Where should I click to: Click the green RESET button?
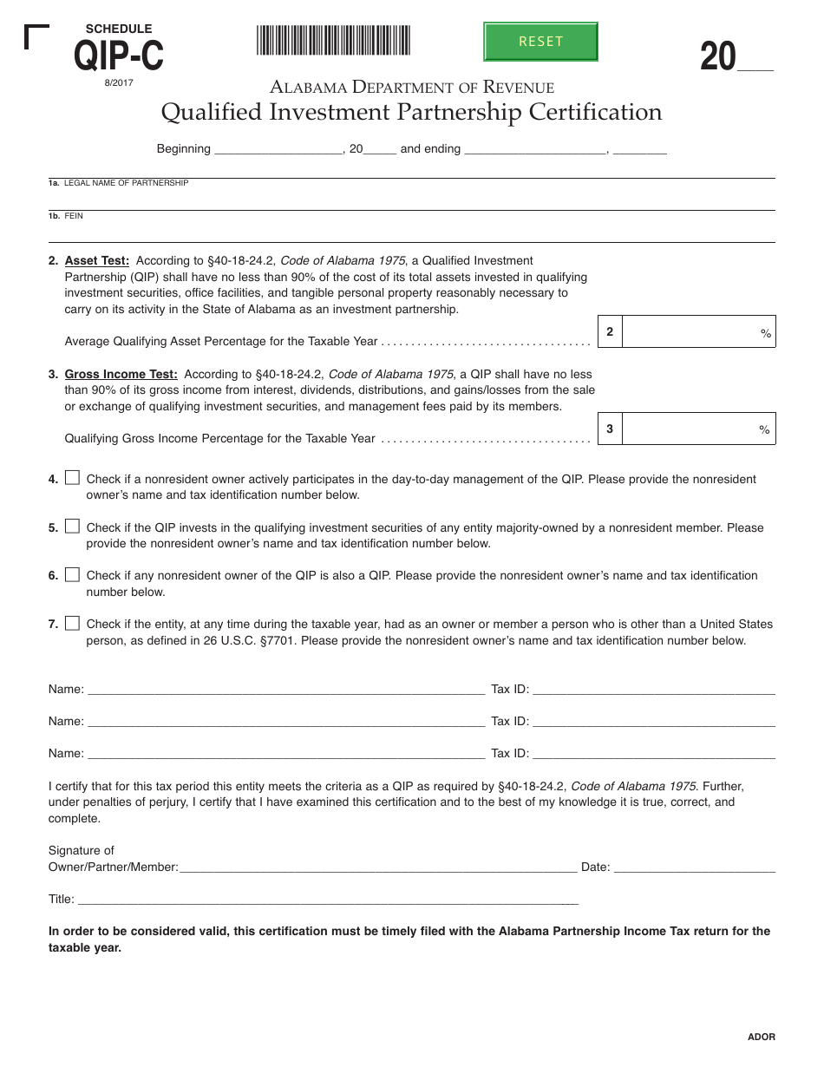click(540, 42)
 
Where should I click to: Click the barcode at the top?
click(333, 41)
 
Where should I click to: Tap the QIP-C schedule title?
click(119, 56)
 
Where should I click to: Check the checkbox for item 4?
click(72, 477)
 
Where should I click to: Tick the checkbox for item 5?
click(72, 526)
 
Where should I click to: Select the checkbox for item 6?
click(72, 574)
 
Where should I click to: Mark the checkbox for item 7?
click(72, 623)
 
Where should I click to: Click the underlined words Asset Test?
click(97, 260)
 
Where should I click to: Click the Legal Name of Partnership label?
click(126, 183)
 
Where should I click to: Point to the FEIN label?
click(74, 215)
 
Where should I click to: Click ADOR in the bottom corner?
click(762, 1037)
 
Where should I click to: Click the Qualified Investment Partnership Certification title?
click(411, 112)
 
